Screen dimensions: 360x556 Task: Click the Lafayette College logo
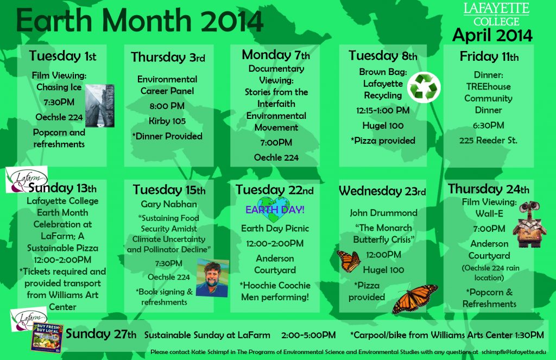point(492,14)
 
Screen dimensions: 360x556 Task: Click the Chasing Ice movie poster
point(99,105)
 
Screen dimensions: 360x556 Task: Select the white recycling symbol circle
point(424,87)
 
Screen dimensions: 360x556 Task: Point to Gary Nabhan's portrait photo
point(212,277)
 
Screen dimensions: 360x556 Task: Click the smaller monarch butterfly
point(348,261)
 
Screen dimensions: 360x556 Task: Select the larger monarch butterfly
point(415,299)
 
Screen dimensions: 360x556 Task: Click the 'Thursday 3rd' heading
point(168,58)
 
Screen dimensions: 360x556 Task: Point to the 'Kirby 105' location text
point(167,121)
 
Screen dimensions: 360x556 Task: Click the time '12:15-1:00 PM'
point(383,110)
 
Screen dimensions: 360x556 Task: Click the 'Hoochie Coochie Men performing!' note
point(275,291)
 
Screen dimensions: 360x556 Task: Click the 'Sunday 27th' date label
point(101,334)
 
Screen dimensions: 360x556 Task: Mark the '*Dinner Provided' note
point(167,136)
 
